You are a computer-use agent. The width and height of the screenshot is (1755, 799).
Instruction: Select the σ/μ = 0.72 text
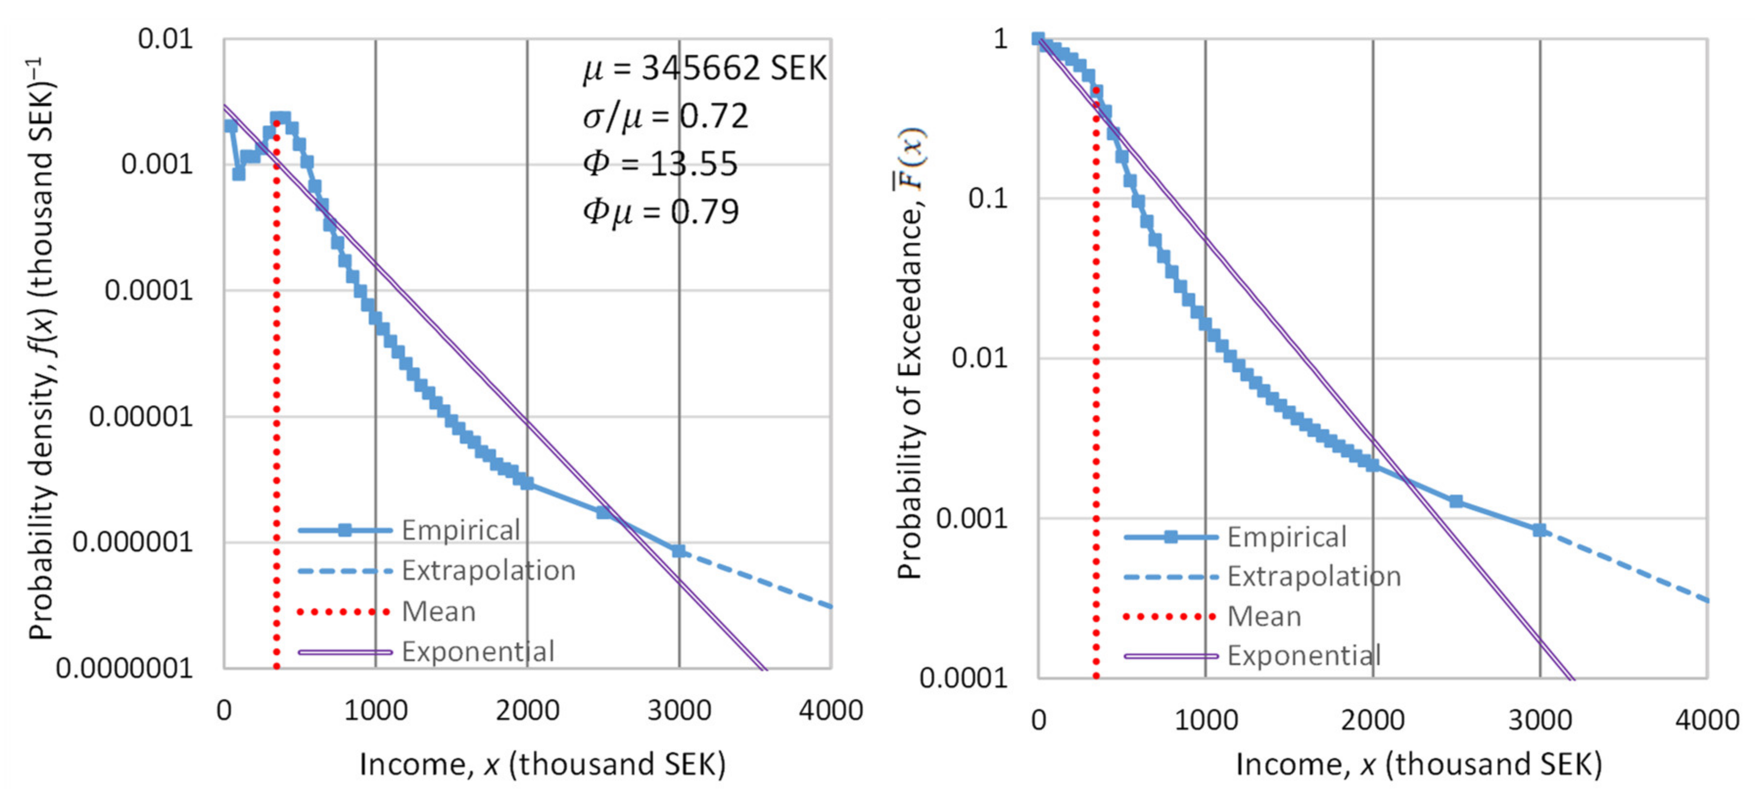pos(665,116)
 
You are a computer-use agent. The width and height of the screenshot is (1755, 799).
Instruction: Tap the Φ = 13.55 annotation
pos(660,164)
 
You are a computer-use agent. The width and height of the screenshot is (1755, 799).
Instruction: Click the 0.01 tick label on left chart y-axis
pos(166,39)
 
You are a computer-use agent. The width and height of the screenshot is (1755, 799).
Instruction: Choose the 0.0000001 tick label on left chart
pos(125,668)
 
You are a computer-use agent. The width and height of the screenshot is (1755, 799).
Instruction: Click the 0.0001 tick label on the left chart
pos(148,291)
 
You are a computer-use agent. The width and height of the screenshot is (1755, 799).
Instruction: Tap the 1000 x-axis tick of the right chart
pos(1205,720)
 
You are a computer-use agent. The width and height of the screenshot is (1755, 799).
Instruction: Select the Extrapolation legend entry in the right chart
pos(1313,577)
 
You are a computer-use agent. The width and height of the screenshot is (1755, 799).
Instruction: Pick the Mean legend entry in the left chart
pos(438,611)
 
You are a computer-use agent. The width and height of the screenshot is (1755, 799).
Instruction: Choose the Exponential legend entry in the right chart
pos(1304,656)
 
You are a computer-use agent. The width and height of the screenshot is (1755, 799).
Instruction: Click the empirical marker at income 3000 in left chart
pos(679,550)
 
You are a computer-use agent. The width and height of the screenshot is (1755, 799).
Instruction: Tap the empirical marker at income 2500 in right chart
pos(1456,501)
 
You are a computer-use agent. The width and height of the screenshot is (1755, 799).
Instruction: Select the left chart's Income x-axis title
pos(542,764)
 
